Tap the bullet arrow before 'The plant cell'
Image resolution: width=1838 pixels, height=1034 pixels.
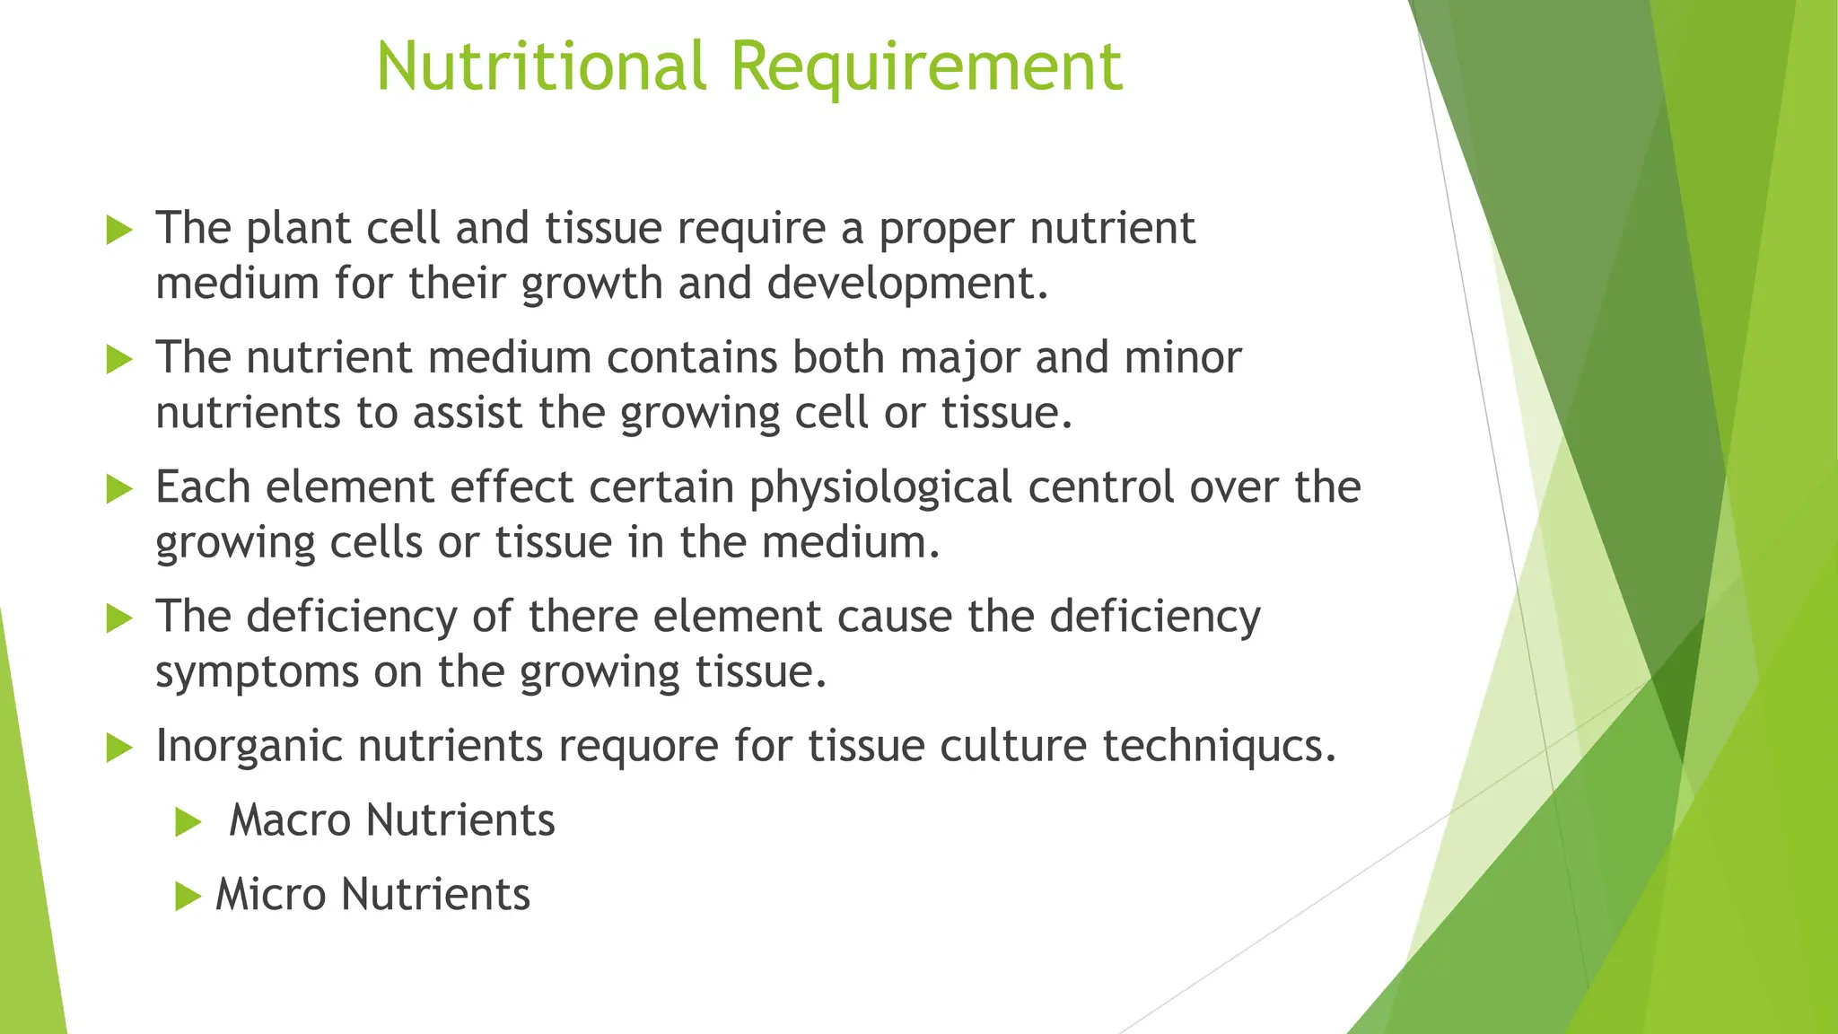tap(118, 230)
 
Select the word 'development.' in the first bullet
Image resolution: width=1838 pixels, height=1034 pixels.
tap(907, 284)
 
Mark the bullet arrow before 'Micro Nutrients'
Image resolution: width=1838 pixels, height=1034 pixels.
tap(188, 896)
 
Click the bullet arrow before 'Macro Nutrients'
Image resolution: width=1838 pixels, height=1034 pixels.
tap(188, 821)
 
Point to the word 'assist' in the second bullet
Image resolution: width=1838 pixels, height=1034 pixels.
tap(467, 414)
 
